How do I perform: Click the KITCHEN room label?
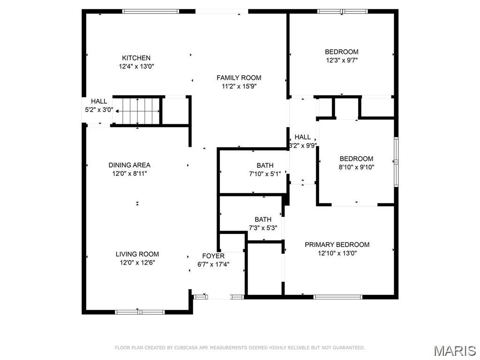coord(136,58)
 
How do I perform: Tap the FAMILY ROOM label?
coord(239,77)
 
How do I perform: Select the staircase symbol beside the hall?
coord(138,112)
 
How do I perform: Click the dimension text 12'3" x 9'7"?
coord(342,60)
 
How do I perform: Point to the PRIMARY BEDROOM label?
coord(337,244)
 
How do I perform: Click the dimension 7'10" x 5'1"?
coord(265,174)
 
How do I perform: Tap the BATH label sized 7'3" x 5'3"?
coord(262,219)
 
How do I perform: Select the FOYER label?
coord(213,256)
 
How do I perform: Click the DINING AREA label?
coord(129,165)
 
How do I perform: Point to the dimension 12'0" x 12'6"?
coord(137,262)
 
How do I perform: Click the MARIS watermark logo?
coord(454,350)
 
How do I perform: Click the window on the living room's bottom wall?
coord(139,312)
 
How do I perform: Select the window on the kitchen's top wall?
coord(150,11)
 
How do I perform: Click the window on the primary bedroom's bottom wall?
coord(337,297)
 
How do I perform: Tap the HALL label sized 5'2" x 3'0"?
coord(99,101)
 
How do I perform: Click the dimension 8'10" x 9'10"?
coord(356,167)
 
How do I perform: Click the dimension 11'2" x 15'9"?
coord(239,86)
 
